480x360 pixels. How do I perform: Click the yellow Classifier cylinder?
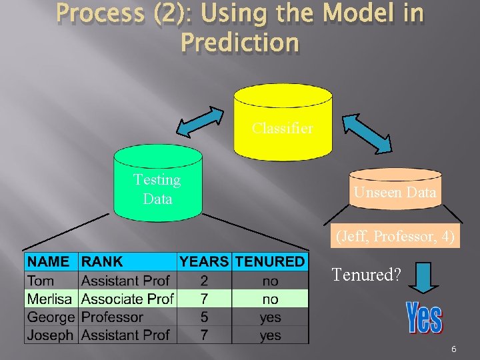(x=282, y=127)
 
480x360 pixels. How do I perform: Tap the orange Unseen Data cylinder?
(x=395, y=193)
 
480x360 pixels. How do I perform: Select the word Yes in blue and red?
(x=424, y=318)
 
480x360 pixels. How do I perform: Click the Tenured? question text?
(x=366, y=274)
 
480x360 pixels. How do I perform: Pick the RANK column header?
(x=102, y=262)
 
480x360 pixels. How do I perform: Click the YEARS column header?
(x=204, y=262)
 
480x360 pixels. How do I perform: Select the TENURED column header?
(x=270, y=262)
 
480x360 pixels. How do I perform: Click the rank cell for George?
(x=112, y=317)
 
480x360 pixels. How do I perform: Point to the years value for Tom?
(x=204, y=281)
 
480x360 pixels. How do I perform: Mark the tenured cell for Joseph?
(x=270, y=335)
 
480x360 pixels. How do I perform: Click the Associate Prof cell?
(x=127, y=299)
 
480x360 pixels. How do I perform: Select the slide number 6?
(x=453, y=349)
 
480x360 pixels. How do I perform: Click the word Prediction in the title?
(x=240, y=43)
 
